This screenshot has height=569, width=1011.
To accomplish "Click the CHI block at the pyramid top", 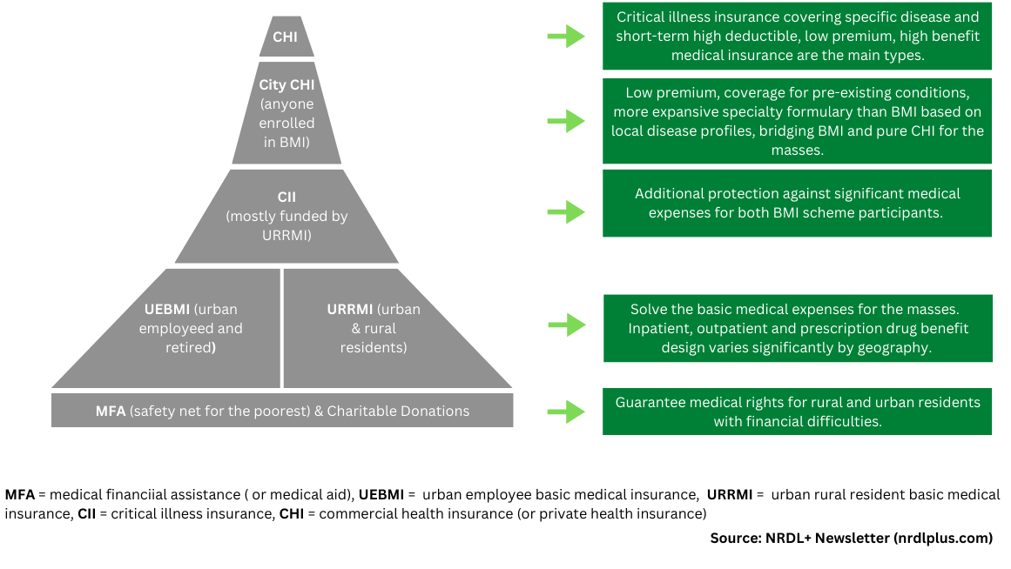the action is [286, 37].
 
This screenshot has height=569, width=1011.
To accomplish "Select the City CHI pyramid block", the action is [286, 113].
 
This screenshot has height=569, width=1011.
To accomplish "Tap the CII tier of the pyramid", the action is [286, 216].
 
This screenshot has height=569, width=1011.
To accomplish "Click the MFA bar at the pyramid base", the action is [282, 411].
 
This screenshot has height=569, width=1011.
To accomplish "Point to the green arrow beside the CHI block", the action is [566, 36].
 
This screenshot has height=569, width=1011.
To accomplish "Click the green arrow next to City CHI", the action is [566, 121].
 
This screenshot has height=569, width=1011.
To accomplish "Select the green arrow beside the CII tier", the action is [566, 212].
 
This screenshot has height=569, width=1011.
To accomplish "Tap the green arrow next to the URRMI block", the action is [567, 325].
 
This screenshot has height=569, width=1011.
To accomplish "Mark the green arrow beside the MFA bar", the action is [566, 412].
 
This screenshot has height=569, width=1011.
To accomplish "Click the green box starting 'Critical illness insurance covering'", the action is [797, 36].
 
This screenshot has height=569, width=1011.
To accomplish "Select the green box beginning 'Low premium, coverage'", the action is [797, 121].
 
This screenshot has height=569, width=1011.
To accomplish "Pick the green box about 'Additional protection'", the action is [797, 203].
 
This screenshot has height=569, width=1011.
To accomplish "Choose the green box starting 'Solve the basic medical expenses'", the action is [798, 328].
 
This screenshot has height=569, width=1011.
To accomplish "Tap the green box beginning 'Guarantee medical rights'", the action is [797, 412].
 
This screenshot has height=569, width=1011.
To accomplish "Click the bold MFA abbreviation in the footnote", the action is [20, 495].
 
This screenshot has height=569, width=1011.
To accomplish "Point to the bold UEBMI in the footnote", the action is [381, 495].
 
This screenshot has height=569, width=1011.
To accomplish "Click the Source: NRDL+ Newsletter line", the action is [851, 538].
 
